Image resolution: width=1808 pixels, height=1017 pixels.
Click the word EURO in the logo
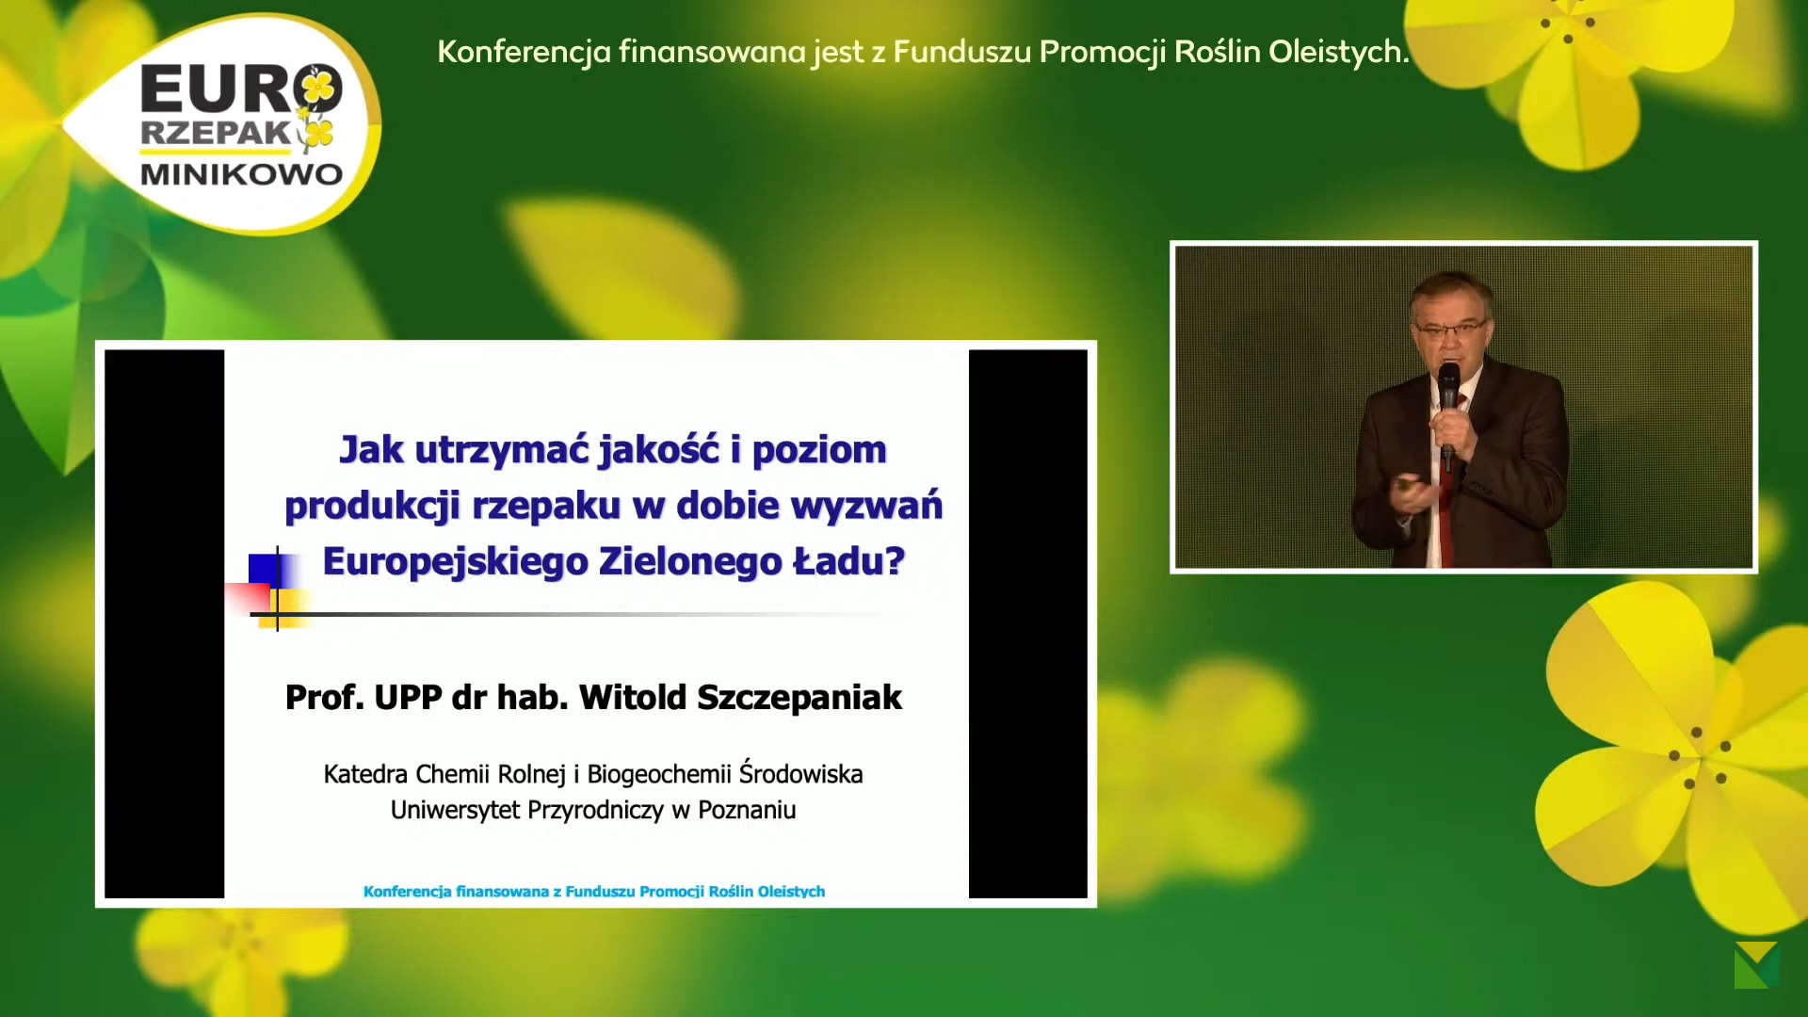(x=241, y=89)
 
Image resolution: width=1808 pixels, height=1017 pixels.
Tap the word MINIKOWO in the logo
(x=242, y=174)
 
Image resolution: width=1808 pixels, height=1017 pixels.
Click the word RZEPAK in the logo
(x=216, y=133)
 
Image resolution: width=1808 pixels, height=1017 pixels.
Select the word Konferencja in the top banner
(x=525, y=53)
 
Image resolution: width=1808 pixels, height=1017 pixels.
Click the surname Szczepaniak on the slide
(x=799, y=698)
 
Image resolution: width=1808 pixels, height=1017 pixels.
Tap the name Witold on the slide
(x=633, y=697)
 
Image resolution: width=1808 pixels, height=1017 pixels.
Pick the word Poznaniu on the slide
(x=747, y=810)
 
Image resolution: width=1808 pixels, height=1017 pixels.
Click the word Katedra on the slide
(x=365, y=774)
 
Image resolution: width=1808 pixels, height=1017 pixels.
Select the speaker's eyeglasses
(x=1450, y=330)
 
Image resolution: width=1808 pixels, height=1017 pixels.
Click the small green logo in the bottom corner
(x=1756, y=965)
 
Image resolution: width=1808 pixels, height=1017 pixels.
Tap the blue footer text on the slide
(x=594, y=892)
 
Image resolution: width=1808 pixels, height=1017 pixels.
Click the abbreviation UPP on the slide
(x=408, y=698)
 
